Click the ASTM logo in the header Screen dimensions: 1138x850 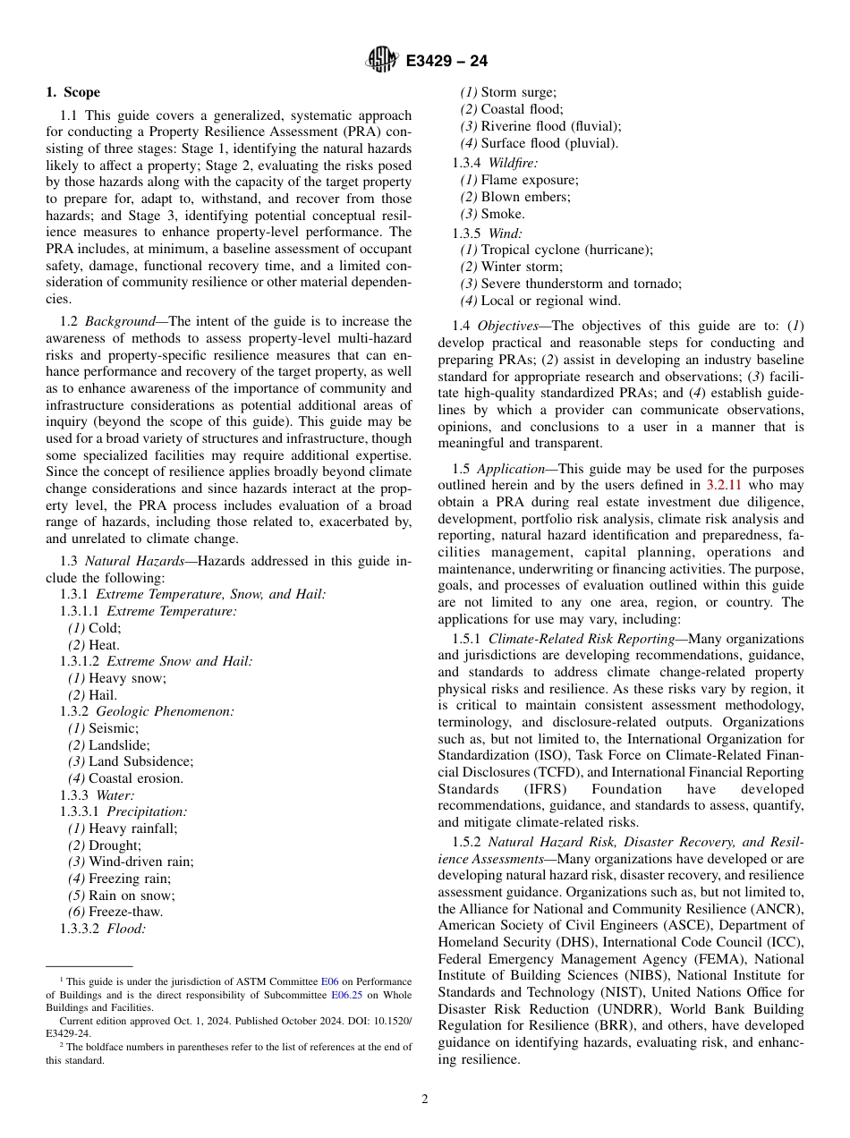pyautogui.click(x=382, y=61)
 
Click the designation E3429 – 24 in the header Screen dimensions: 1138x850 pyautogui.click(x=446, y=62)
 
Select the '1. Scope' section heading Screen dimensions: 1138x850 pyautogui.click(x=73, y=92)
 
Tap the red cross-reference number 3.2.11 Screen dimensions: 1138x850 pyautogui.click(x=724, y=486)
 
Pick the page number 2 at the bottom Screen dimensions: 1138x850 pyautogui.click(x=425, y=1100)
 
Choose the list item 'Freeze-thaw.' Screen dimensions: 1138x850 pyautogui.click(x=125, y=912)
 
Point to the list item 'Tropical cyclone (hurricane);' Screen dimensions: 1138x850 pyautogui.click(x=566, y=250)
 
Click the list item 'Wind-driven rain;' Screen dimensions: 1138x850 pyautogui.click(x=140, y=862)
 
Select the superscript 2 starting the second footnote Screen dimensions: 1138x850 pyautogui.click(x=62, y=1044)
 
